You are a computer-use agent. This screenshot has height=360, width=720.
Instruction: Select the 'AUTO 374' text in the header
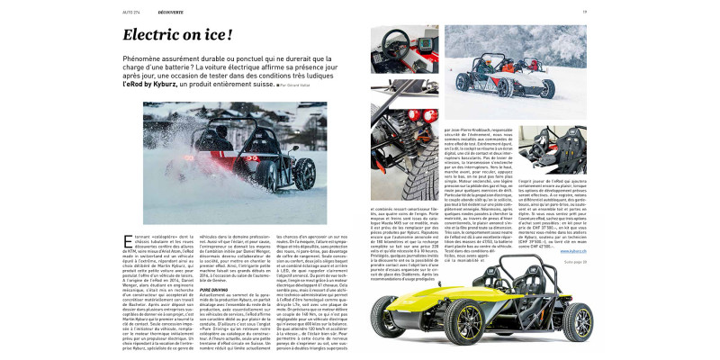pos(131,12)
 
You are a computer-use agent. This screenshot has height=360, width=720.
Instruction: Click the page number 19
pos(685,12)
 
